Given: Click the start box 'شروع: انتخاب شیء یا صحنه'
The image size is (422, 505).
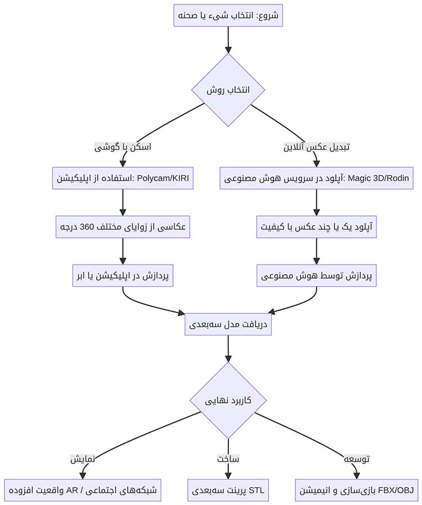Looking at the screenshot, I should point(228,16).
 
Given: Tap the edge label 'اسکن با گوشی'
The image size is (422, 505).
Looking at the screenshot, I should point(123,147).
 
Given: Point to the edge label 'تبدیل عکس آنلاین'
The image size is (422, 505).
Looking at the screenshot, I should point(316,147).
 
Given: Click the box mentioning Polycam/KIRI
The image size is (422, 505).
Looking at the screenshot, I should point(123,178).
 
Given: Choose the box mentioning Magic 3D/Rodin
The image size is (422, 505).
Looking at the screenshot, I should point(316,178).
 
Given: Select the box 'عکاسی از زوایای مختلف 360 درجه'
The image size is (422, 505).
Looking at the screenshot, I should point(123,227).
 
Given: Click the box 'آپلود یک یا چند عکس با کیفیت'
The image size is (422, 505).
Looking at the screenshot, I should point(316,227).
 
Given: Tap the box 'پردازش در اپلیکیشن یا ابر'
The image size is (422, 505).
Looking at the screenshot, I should point(123,276).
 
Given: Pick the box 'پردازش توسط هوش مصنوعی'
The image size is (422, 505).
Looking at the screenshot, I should point(316,276).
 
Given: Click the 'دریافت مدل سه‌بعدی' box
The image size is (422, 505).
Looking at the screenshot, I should point(228,325).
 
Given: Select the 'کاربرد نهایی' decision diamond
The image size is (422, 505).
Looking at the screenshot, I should point(228,400).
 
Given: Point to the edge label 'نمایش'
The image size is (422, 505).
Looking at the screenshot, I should point(83,458).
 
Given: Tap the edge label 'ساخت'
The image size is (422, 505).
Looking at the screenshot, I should point(228,458).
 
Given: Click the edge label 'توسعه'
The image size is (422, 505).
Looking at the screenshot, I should point(356,458).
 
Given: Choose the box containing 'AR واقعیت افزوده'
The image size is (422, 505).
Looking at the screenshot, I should point(83,490).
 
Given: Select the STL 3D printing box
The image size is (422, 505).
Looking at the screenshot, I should point(228,490).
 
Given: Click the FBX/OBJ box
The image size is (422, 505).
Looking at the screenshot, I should point(356,490).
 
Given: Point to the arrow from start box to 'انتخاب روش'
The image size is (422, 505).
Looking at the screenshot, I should point(228,39).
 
